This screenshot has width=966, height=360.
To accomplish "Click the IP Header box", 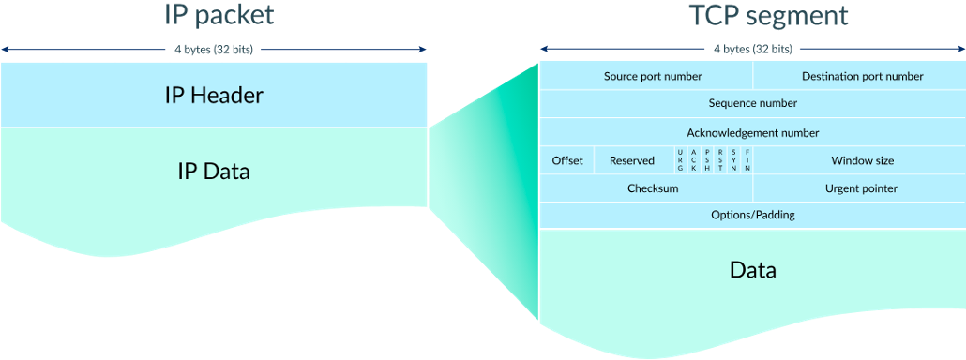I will pos(215,95).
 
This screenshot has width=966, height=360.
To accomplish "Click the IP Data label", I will pos(215,172).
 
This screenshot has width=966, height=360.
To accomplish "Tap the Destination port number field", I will pos(860,76).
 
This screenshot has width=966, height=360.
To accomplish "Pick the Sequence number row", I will pos(752,103).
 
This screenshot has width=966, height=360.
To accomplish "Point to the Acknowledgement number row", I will pos(752,132).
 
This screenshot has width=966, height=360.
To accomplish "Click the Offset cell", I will pos(567,160).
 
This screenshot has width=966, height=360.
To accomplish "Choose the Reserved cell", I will pos(632,160).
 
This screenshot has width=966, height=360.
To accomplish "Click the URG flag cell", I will pos(680,160).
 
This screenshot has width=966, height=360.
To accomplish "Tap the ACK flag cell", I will pos(693,160).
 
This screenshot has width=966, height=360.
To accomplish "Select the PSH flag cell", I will pos(707,160).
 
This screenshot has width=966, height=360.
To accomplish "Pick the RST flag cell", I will pos(720,160).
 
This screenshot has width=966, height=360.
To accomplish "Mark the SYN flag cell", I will pos(733,160).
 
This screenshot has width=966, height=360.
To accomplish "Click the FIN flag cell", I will pos(747,160).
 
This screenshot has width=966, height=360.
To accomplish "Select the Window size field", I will pos(861,160).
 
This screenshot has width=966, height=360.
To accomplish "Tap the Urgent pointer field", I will pos(860,188).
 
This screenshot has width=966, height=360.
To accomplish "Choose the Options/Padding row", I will pos(752,215).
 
